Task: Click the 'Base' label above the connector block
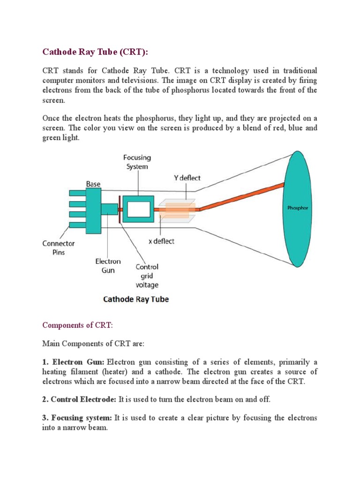pos(93,184)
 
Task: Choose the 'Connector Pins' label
pos(58,248)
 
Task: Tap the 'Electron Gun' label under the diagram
pos(108,266)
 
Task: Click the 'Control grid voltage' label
pos(147,276)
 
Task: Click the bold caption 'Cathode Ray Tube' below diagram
pos(136,299)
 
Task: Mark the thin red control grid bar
pos(121,209)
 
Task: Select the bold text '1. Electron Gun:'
pos(74,362)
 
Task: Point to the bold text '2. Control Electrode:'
pos(80,399)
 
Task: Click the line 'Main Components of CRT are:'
pos(94,344)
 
